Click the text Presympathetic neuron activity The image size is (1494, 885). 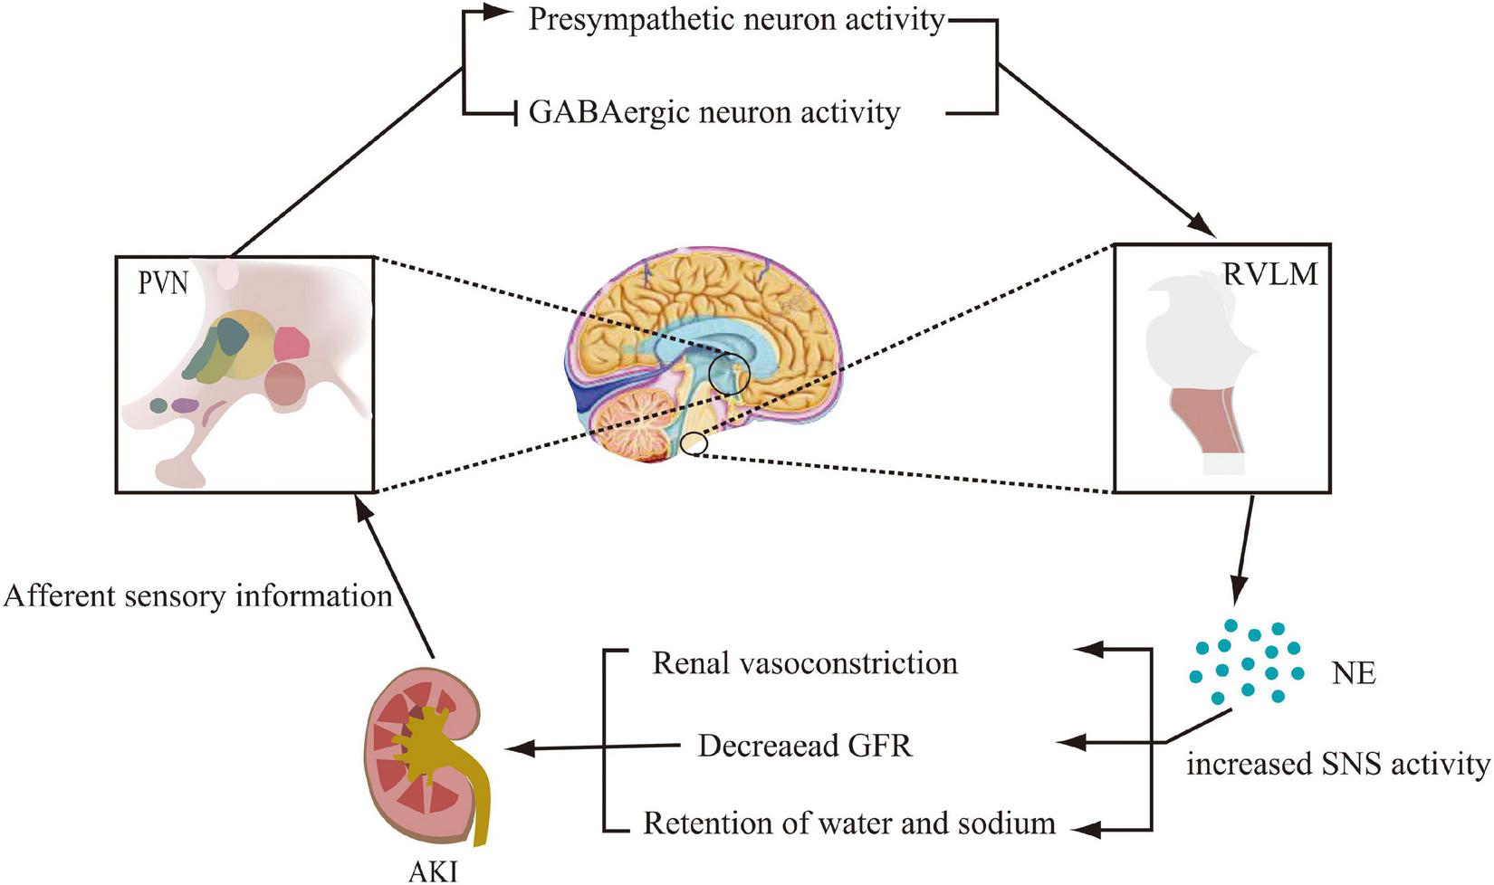(736, 20)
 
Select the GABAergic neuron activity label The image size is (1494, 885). (714, 113)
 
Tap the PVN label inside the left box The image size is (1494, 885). (163, 284)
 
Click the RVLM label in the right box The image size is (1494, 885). (1269, 274)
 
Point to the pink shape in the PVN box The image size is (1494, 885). (292, 344)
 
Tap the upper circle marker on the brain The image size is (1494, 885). (729, 373)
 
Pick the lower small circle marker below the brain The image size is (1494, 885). (694, 444)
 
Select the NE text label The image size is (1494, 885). (1354, 673)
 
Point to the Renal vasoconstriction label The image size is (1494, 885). (804, 663)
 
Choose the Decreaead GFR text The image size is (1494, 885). (805, 746)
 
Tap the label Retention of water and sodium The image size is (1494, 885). (848, 823)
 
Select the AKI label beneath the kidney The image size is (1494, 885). (433, 871)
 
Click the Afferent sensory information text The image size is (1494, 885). (197, 596)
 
